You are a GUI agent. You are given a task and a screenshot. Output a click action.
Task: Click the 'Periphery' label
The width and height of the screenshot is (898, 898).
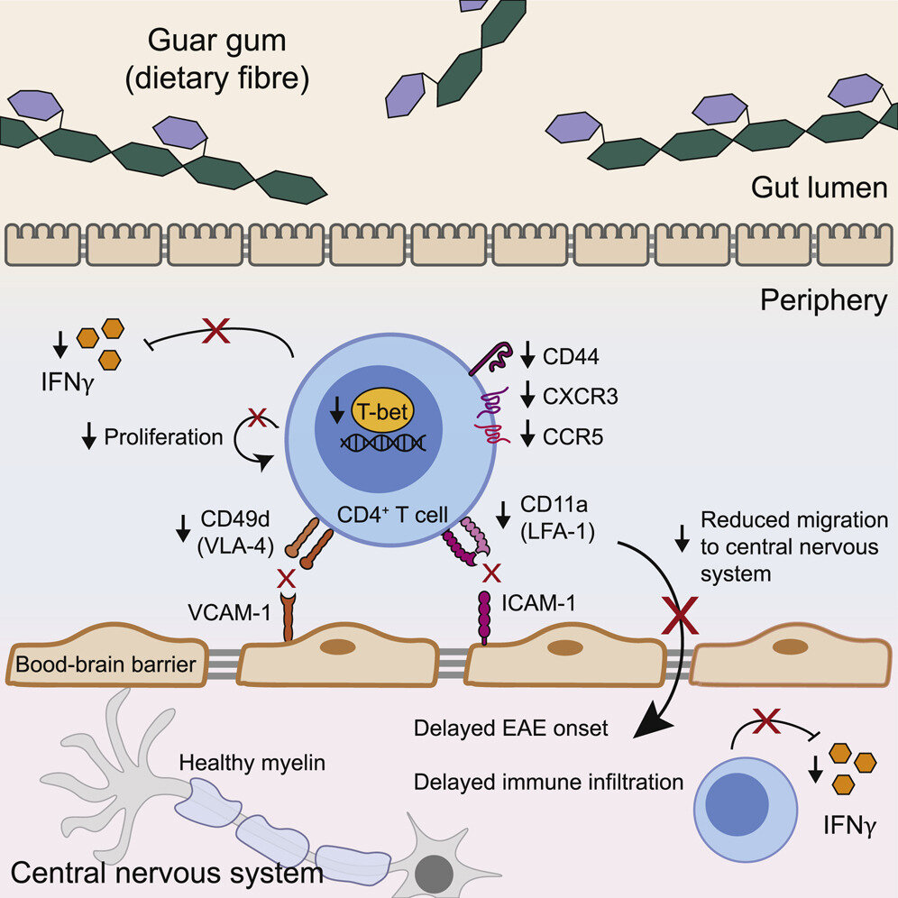823,300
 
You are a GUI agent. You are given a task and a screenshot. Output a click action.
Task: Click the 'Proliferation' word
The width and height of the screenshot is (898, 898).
163,437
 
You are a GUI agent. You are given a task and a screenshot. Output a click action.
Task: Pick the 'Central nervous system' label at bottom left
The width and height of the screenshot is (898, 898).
167,873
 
